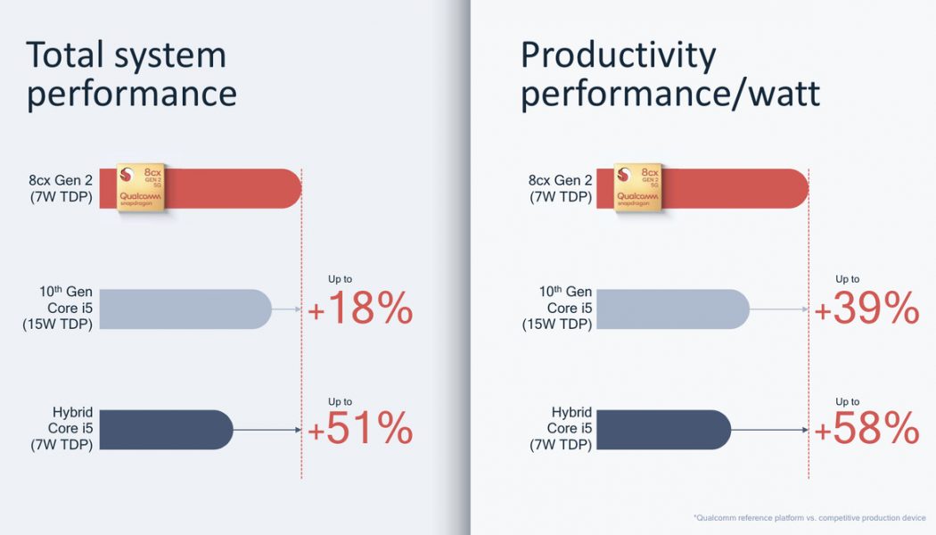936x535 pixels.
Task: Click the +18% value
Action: pos(360,309)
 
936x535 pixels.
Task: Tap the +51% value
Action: pos(360,430)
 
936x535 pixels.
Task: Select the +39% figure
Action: pos(866,309)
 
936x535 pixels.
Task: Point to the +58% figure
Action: pos(866,430)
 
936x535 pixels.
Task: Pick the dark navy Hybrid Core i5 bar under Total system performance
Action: pos(165,430)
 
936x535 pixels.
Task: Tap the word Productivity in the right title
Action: pos(618,55)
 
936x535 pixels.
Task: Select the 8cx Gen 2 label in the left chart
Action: pos(60,188)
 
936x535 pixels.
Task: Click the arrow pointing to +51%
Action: pos(267,430)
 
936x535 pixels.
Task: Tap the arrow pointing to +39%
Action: pos(779,309)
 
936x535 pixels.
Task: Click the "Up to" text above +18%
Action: pos(341,279)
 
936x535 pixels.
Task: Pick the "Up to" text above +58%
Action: pos(847,401)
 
